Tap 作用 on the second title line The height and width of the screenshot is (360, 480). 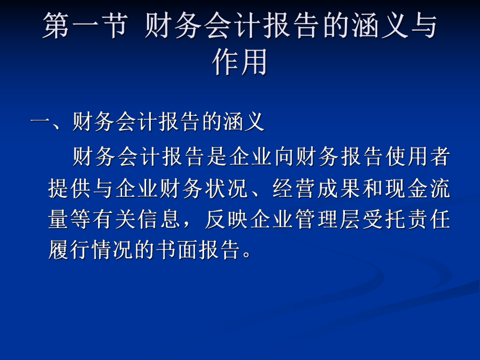coord(239,63)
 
